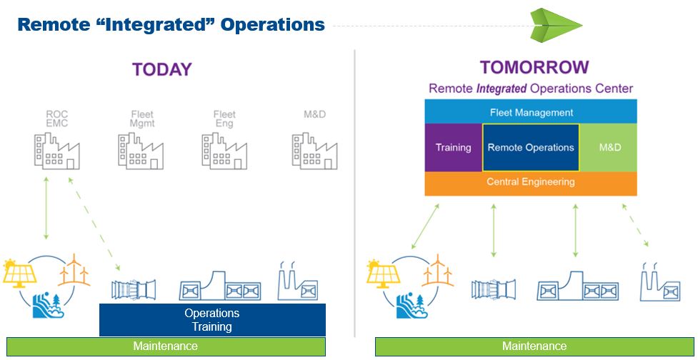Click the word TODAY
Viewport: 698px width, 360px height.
pos(162,70)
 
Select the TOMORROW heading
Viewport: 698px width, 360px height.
pos(534,67)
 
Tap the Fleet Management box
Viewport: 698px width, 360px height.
pos(531,111)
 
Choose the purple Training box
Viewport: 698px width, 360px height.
pos(454,148)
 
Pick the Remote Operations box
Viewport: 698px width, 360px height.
pos(531,148)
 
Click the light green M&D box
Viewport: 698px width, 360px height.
pos(609,148)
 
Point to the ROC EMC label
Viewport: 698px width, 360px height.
pos(57,119)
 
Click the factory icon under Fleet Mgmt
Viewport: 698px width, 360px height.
pos(141,151)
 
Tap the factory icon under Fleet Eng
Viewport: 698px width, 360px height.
pos(224,151)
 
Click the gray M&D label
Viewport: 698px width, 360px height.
pos(315,115)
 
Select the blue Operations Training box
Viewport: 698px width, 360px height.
pos(212,320)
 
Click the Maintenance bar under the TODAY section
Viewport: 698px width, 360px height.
pos(166,346)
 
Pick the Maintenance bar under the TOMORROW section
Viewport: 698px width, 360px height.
pos(534,346)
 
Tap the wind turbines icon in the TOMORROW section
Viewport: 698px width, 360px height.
pos(437,270)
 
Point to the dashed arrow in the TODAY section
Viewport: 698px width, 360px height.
pos(94,224)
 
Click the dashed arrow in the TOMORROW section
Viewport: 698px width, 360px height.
pos(635,225)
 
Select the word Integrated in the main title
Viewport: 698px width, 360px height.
pos(171,24)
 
